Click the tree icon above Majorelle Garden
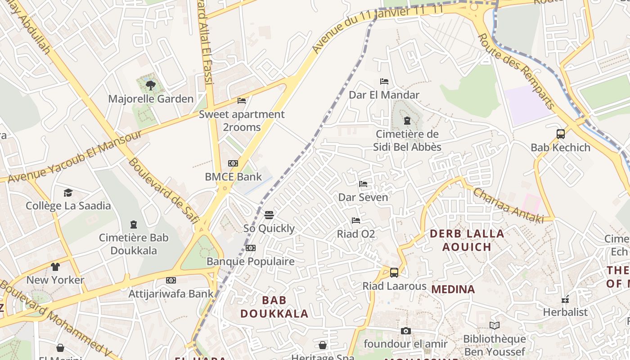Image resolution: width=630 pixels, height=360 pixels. coord(151,85)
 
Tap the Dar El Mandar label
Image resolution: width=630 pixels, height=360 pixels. coord(384,95)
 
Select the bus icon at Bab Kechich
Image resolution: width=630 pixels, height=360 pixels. coord(560,134)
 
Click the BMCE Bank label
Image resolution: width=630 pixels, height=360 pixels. coord(233,177)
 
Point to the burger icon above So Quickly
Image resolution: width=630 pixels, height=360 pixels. coord(269,215)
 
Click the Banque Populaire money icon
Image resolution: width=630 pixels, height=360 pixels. coord(251,248)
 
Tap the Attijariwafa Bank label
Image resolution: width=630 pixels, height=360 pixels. coord(171,294)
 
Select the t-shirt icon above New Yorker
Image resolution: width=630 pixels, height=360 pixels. coord(55,267)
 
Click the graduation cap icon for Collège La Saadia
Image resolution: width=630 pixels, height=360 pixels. coord(68,193)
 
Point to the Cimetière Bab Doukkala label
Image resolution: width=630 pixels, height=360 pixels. coord(133,244)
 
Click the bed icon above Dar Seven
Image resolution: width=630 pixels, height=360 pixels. coord(363,184)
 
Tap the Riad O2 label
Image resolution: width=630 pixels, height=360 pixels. coord(356,234)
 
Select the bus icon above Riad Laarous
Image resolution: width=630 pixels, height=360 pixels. coord(394,272)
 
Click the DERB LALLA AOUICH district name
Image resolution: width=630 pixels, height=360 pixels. coord(467,240)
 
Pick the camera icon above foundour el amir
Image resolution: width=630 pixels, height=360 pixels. coord(405,331)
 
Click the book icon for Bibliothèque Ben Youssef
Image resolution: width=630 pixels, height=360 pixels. coord(494,325)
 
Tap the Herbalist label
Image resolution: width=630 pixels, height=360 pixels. coord(565,312)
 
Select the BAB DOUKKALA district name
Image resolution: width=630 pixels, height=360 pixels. coord(274,307)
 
